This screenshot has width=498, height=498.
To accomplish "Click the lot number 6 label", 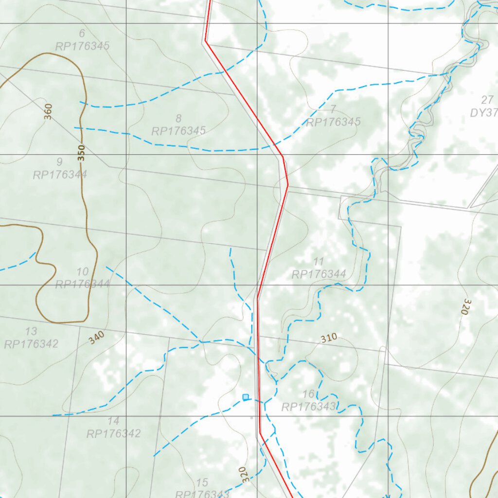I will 81,34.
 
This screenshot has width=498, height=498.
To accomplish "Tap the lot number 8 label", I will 178,118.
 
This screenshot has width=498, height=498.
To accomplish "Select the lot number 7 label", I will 333,109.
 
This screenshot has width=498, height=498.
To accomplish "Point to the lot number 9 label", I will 59,161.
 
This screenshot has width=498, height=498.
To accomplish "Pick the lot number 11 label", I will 319,262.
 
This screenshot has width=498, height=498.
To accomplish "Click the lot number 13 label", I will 31,332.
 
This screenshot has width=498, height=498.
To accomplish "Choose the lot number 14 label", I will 113,421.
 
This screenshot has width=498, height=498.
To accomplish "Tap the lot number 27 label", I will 487,100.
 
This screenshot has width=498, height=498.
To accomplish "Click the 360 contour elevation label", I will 48,111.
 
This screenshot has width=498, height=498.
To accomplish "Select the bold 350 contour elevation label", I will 81,153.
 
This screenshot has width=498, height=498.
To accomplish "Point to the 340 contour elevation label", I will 96,338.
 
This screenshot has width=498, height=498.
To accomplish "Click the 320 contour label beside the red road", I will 245,474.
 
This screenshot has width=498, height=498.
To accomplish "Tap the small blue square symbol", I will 246,397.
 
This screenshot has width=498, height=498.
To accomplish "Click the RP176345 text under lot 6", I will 82,47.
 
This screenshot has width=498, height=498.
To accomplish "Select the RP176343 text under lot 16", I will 309,407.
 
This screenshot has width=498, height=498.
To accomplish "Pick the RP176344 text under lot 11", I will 319,274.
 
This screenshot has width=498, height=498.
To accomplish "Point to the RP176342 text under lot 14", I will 113,434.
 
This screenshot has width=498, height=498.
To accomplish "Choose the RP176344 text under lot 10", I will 82,284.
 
